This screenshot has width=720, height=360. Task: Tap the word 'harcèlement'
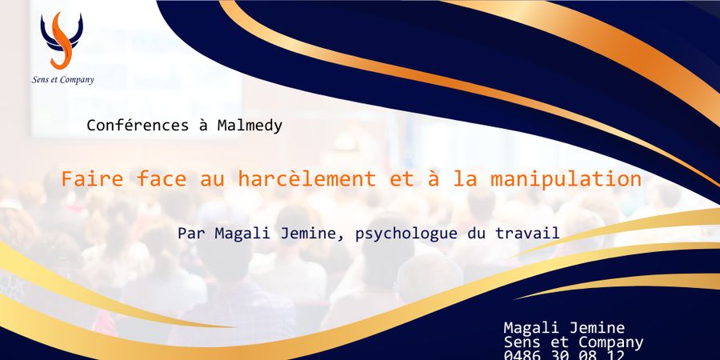click(x=317, y=179)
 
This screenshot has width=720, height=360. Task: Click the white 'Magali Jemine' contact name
click(x=564, y=328)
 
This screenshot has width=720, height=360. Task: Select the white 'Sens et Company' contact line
click(x=574, y=342)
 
